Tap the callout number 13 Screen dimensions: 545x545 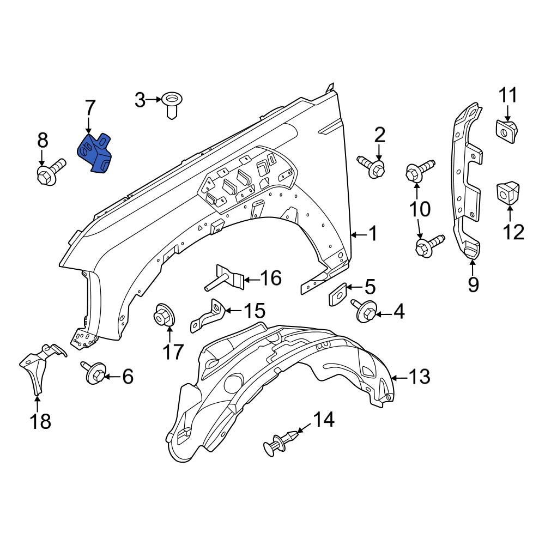click(419, 377)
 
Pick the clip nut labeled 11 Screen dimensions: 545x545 click(507, 131)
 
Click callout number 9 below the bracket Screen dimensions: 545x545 click(473, 284)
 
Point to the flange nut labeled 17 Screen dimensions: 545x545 click(165, 316)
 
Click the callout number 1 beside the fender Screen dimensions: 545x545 click(372, 234)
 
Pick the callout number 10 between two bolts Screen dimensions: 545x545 click(420, 209)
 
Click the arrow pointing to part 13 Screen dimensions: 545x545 click(398, 377)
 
